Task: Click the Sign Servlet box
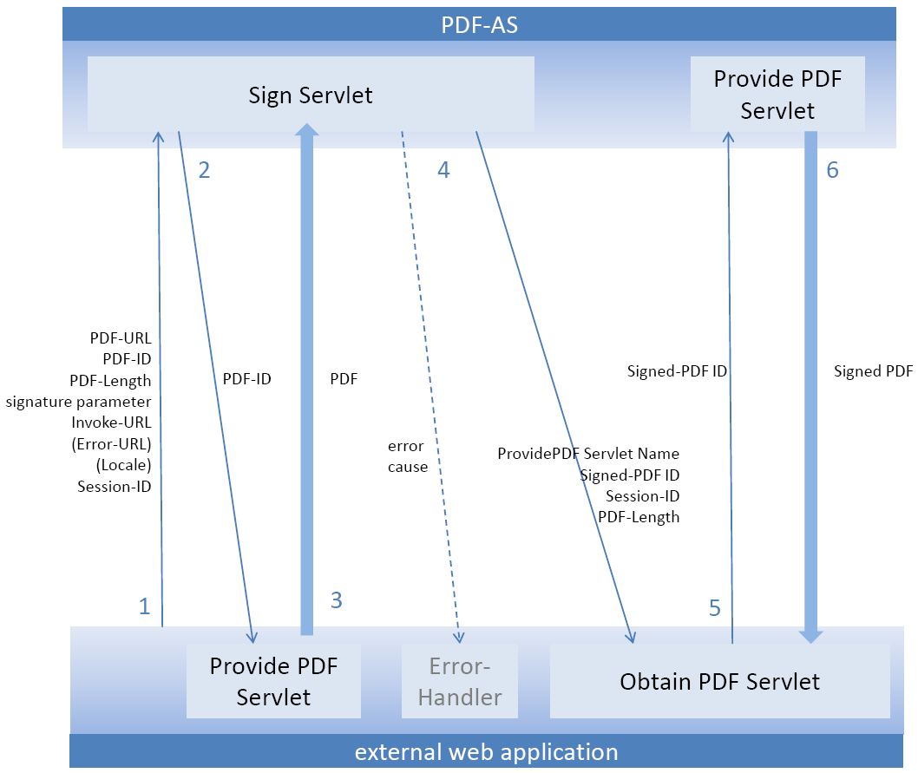[311, 95]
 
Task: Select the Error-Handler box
[460, 681]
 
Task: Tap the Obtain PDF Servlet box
[719, 681]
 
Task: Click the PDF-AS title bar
[479, 24]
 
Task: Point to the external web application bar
[486, 751]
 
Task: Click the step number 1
[145, 606]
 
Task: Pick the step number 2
[204, 170]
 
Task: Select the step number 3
[337, 599]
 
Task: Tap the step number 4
[443, 170]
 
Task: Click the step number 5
[714, 608]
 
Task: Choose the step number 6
[832, 170]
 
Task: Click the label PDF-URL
[121, 338]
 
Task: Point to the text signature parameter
[78, 402]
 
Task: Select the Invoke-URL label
[111, 423]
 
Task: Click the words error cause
[407, 456]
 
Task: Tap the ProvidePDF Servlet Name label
[588, 454]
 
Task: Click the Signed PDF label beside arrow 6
[873, 371]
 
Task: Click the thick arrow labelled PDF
[306, 382]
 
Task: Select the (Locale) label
[123, 465]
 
